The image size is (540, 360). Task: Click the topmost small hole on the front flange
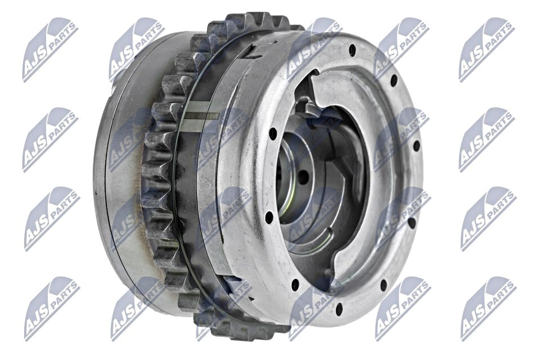pos(353,50)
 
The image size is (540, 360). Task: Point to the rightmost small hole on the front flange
pos(417,145)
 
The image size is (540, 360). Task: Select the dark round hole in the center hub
pos(302,178)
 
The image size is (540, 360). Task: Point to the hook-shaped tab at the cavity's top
pos(307,107)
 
